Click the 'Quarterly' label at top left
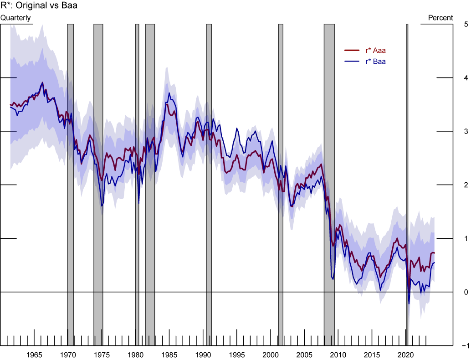(15, 18)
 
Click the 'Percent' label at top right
(440, 18)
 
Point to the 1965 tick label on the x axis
(34, 354)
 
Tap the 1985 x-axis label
(169, 354)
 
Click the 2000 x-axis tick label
(271, 354)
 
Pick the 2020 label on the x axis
(406, 354)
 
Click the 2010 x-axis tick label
(338, 354)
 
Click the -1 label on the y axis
(465, 345)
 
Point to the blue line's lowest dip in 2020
(409, 303)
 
